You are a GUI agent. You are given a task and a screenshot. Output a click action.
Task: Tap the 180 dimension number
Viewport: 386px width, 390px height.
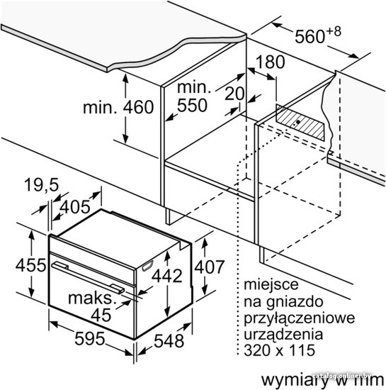point(270,62)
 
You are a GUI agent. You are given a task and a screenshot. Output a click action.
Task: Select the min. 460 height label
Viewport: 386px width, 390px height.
point(118,107)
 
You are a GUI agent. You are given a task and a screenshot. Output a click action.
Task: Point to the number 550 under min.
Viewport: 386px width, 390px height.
point(192,105)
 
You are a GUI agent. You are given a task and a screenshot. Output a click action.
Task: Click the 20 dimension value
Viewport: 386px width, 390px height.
point(234,94)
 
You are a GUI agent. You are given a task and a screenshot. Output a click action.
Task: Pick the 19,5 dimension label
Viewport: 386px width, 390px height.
point(42,185)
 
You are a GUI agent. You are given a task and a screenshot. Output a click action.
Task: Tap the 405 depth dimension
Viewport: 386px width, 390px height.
point(75,206)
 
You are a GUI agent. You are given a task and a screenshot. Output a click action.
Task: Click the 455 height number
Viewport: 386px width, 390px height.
point(30,265)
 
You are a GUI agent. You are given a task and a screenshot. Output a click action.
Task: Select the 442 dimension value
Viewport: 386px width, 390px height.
point(167,276)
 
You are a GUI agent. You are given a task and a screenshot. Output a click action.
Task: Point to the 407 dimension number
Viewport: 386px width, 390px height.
point(210,267)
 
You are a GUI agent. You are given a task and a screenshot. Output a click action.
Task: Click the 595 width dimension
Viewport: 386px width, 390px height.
point(90,338)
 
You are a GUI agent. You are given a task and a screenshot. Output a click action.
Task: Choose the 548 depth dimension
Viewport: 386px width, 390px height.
point(169,341)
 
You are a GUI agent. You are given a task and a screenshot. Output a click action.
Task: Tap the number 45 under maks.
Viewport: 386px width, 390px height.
point(101,315)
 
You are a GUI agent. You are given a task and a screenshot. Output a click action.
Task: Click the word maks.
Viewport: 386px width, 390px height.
point(92,298)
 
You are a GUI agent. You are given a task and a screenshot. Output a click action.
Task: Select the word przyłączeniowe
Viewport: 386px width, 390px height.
point(300,318)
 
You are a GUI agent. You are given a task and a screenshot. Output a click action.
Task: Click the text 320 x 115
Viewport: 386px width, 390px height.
point(280,350)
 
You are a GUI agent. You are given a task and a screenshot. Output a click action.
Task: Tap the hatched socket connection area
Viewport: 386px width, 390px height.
point(300,123)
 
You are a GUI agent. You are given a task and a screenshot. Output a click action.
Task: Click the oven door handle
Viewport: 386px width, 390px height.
point(88,277)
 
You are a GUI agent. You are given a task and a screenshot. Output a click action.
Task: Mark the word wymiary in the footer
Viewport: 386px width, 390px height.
point(294,380)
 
